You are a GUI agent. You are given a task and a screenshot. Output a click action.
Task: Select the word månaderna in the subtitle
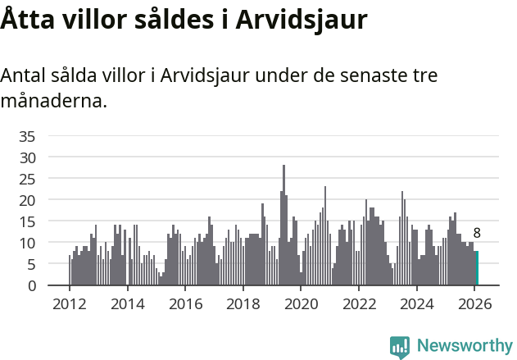(53, 103)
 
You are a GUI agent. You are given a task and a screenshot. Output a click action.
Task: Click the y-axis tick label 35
(27, 135)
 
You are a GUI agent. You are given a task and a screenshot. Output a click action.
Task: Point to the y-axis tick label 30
(27, 157)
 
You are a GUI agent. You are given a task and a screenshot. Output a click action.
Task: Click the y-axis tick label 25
(27, 178)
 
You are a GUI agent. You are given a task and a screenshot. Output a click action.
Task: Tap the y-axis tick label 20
(27, 200)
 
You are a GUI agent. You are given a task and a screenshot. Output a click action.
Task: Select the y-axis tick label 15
(27, 221)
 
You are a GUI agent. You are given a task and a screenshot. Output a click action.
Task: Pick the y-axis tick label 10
(27, 243)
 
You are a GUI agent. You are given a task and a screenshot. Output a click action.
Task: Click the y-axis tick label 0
(31, 285)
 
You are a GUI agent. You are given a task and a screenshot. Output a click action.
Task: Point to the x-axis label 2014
(127, 303)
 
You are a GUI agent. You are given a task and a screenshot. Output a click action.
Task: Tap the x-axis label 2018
(243, 303)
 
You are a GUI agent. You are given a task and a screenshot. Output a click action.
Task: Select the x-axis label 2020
(301, 303)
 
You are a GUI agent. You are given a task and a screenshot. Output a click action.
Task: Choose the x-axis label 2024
(417, 303)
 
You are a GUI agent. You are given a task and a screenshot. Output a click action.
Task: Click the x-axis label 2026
(475, 303)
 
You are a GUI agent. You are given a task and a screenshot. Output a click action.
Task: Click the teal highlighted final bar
(476, 268)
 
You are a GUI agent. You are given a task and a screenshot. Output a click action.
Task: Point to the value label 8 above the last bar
(477, 233)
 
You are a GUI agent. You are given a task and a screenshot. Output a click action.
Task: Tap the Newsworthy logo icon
(400, 347)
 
